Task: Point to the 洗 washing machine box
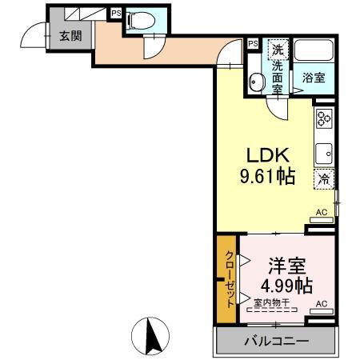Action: [278, 48]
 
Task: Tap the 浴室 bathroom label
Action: [313, 78]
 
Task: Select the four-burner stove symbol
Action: [324, 120]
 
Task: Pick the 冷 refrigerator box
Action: [324, 179]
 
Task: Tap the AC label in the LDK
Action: [322, 212]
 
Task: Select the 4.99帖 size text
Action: [286, 284]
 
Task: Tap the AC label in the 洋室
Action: [322, 304]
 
